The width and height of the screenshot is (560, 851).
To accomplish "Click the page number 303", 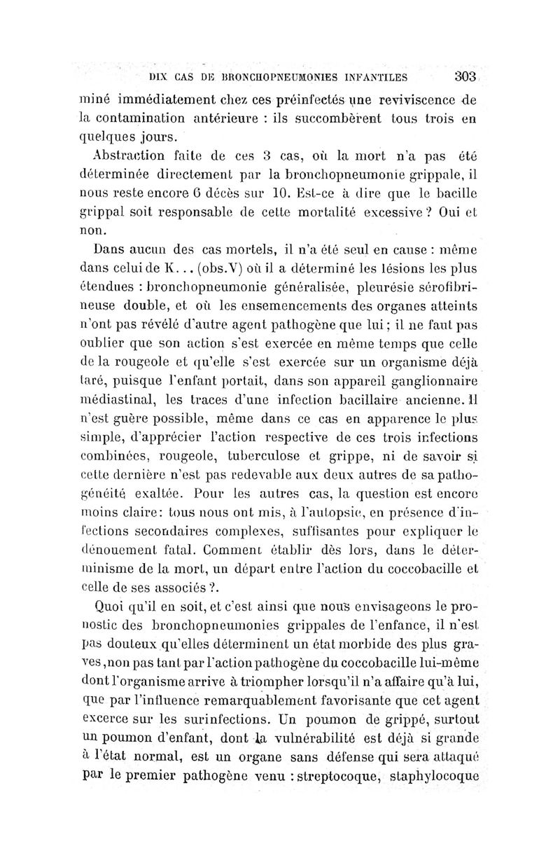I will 465,76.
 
